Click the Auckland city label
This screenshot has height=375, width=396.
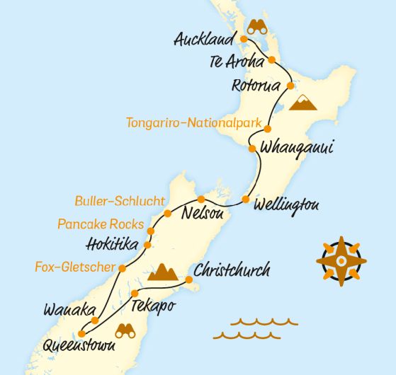pyautogui.click(x=203, y=40)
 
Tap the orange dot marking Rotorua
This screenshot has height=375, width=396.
pyautogui.click(x=289, y=86)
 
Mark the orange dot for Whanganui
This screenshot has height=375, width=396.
pyautogui.click(x=252, y=149)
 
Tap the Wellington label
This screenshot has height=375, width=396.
pyautogui.click(x=286, y=205)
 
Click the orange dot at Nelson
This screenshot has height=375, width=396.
pyautogui.click(x=201, y=199)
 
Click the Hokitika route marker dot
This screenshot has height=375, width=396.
pyautogui.click(x=147, y=245)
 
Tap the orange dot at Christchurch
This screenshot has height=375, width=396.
pyautogui.click(x=189, y=281)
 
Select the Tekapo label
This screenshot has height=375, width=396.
pyautogui.click(x=152, y=306)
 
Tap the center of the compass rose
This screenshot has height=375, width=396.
pyautogui.click(x=341, y=260)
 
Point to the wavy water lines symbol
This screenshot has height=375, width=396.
pyautogui.click(x=254, y=328)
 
